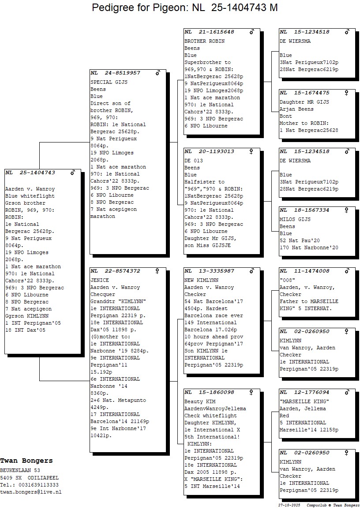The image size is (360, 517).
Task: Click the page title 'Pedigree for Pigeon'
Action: pyautogui.click(x=140, y=7)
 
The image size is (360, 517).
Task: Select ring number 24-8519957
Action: pyautogui.click(x=122, y=73)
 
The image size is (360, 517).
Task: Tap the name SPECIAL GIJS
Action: pyautogui.click(x=109, y=82)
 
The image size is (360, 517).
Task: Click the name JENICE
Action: pyautogui.click(x=100, y=280)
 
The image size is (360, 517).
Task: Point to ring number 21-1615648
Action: pyautogui.click(x=216, y=32)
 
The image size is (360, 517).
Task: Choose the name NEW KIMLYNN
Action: pyautogui.click(x=202, y=280)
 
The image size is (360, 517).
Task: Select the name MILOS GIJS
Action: pyautogui.click(x=295, y=219)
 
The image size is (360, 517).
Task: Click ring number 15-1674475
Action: pyautogui.click(x=311, y=93)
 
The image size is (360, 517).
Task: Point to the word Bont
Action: pyautogui.click(x=286, y=116)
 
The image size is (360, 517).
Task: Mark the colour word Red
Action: pyautogui.click(x=284, y=416)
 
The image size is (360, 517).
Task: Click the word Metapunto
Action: pyautogui.click(x=132, y=400)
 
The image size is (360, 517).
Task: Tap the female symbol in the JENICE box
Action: pyautogui.click(x=157, y=271)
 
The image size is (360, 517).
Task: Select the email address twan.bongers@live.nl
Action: pyautogui.click(x=30, y=492)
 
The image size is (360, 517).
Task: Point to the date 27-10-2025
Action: pyautogui.click(x=289, y=506)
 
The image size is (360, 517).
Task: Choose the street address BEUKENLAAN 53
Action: pyautogui.click(x=20, y=470)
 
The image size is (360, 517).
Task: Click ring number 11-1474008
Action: pyautogui.click(x=311, y=271)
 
